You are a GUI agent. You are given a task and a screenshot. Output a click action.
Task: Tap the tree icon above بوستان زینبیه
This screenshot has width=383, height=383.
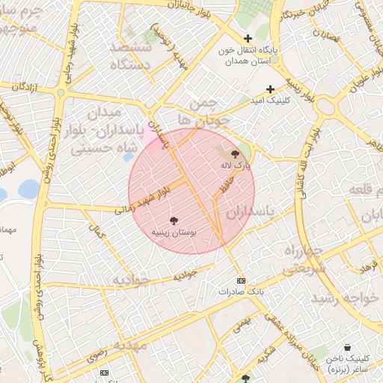tap(174, 221)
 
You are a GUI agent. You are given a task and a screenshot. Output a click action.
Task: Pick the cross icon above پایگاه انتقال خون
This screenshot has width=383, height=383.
tap(248, 38)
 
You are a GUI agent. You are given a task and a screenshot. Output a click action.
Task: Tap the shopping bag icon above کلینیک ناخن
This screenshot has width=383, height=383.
tap(347, 348)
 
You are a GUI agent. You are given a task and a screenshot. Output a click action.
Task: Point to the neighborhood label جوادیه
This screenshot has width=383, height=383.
tap(132, 280)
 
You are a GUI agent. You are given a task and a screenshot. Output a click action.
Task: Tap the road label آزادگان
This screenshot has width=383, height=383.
tap(25, 88)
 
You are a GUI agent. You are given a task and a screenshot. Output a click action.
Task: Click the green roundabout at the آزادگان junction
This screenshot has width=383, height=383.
tap(60, 93)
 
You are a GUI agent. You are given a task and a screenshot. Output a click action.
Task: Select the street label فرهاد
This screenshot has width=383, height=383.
tap(367, 266)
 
